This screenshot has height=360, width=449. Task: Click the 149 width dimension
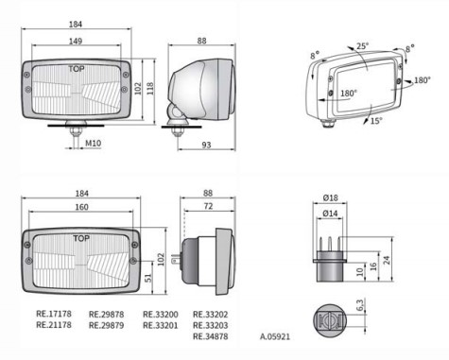click(76, 42)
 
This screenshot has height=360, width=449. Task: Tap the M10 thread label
click(94, 144)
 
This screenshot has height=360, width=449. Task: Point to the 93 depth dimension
click(206, 145)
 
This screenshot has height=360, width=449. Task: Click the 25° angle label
click(363, 46)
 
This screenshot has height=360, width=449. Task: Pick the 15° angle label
click(376, 121)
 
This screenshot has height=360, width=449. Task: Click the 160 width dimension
click(81, 207)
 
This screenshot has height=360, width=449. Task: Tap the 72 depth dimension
click(208, 206)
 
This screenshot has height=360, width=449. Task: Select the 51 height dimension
click(147, 278)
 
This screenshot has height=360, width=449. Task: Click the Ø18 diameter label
click(331, 197)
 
